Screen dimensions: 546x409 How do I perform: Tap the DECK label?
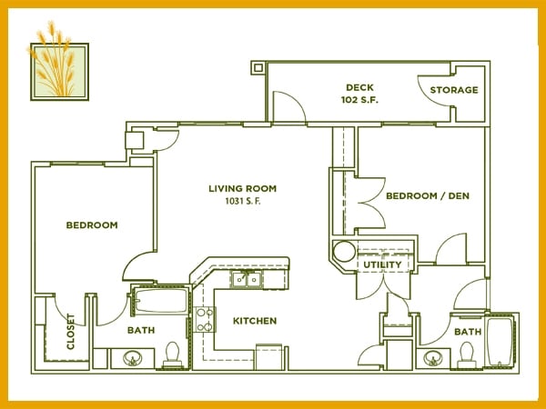(359, 87)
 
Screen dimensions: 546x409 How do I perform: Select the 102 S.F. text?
(359, 100)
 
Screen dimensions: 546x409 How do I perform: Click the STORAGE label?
(454, 90)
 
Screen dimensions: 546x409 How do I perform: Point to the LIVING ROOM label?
(243, 188)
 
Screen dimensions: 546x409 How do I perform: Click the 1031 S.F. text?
(243, 201)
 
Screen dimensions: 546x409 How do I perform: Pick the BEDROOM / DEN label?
(428, 195)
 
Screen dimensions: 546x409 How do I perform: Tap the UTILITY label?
(382, 264)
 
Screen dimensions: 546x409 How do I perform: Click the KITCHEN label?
(255, 321)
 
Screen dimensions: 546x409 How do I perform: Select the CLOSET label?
(71, 332)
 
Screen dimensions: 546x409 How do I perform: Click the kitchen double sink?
(248, 279)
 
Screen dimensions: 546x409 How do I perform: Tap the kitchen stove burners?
(204, 319)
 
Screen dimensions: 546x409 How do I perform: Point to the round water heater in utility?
(344, 252)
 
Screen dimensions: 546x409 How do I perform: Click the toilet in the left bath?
(172, 354)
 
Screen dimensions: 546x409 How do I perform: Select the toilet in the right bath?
(467, 354)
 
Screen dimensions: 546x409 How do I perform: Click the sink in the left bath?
(132, 358)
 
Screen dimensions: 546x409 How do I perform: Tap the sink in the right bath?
(433, 358)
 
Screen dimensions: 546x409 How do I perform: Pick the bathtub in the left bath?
(161, 301)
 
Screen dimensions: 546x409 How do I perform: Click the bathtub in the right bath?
(500, 341)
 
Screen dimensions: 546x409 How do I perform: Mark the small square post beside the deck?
(258, 67)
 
